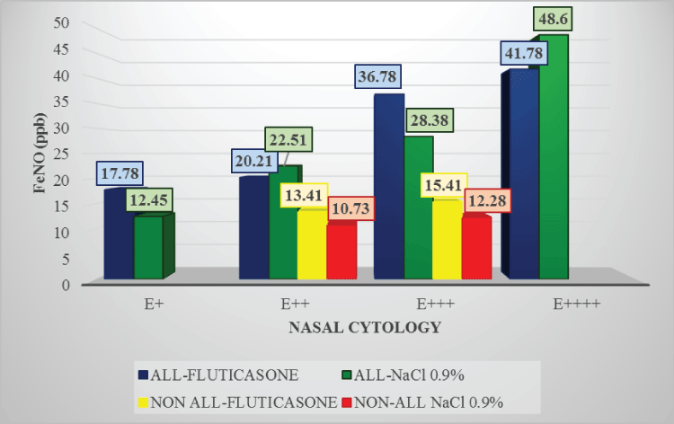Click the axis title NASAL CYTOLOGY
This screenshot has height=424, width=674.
coord(364,328)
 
